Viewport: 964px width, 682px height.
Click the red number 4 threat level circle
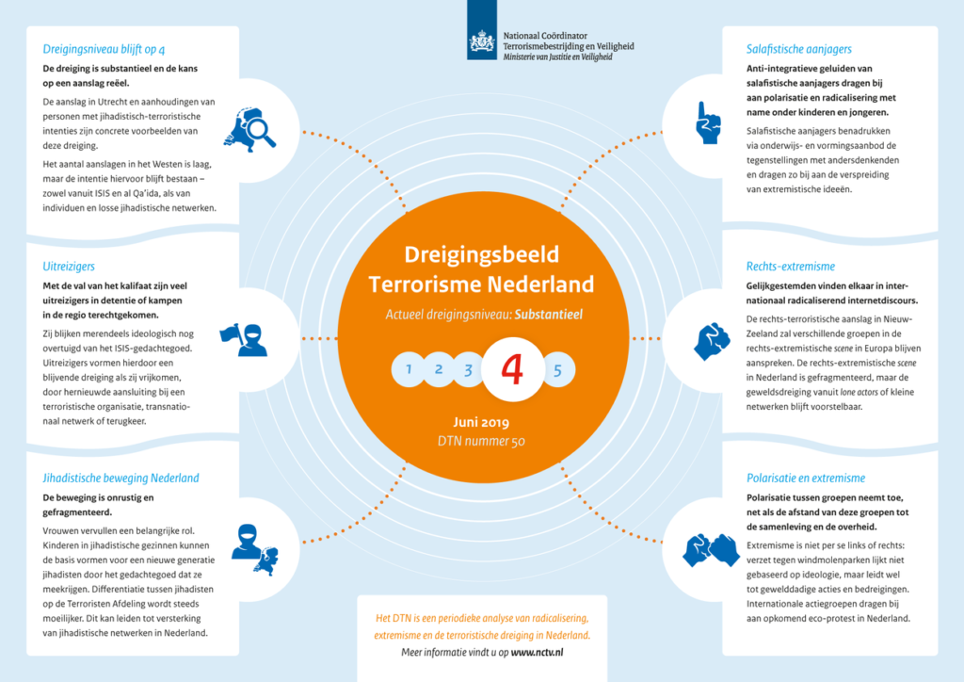pyautogui.click(x=513, y=369)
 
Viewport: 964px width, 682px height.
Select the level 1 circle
pyautogui.click(x=409, y=369)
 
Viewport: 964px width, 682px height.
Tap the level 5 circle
pyautogui.click(x=557, y=370)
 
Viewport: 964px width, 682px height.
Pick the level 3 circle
pyautogui.click(x=468, y=369)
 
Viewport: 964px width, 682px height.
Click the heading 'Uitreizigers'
pyautogui.click(x=69, y=267)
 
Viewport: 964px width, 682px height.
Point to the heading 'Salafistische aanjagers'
pyautogui.click(x=798, y=49)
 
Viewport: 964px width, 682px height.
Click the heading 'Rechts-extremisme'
pyautogui.click(x=791, y=267)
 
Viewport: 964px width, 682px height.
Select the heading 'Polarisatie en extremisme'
pyautogui.click(x=806, y=478)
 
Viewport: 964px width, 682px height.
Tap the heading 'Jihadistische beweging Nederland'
pyautogui.click(x=120, y=479)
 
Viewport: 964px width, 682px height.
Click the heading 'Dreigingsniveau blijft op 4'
pyautogui.click(x=104, y=49)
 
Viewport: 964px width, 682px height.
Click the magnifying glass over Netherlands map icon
pyautogui.click(x=249, y=130)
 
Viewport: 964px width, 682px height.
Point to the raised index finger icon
pyautogui.click(x=708, y=123)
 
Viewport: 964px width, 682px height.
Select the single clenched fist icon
pyautogui.click(x=712, y=341)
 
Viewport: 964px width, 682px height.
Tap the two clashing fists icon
pyautogui.click(x=712, y=550)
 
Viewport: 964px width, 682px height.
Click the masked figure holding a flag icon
pyautogui.click(x=244, y=340)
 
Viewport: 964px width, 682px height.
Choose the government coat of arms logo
pyautogui.click(x=482, y=42)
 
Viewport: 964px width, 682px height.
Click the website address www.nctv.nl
pyautogui.click(x=537, y=653)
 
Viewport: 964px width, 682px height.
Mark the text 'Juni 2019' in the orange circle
pyautogui.click(x=481, y=423)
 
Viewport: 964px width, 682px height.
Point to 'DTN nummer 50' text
pyautogui.click(x=481, y=441)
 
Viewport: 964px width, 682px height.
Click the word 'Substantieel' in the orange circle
pyautogui.click(x=549, y=315)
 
